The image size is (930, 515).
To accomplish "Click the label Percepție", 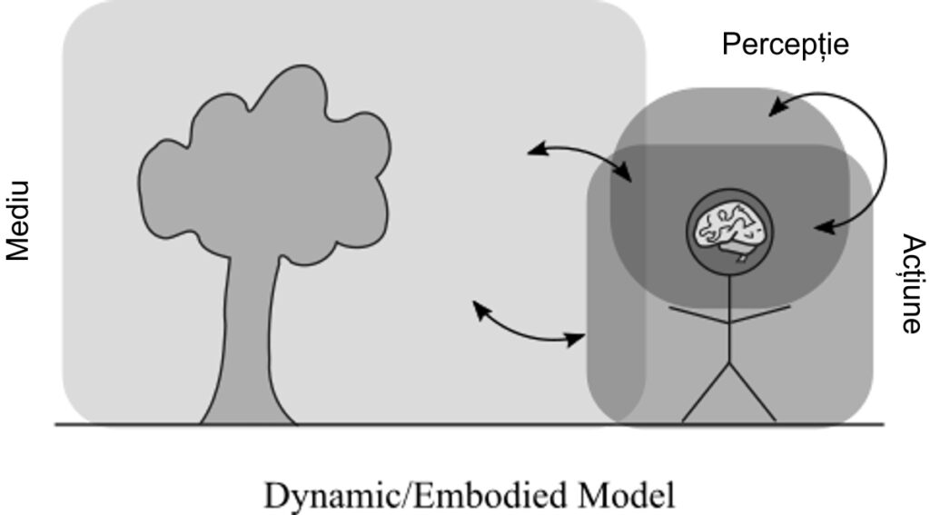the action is click(x=786, y=45).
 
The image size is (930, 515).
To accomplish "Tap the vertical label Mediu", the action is click(x=18, y=221).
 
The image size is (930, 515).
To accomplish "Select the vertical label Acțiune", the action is click(x=914, y=283).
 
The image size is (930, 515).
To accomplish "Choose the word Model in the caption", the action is click(x=628, y=493).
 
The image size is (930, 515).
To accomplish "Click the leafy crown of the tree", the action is click(x=264, y=166).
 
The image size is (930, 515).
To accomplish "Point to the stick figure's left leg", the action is click(x=706, y=392).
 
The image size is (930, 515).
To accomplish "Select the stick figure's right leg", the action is click(x=753, y=392).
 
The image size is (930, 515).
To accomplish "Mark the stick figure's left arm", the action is click(x=699, y=315).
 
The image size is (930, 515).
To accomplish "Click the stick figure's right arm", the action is click(x=760, y=314).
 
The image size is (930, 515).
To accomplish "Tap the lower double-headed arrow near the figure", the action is click(x=528, y=332).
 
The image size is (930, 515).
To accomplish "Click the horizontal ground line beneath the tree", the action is click(x=470, y=424).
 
